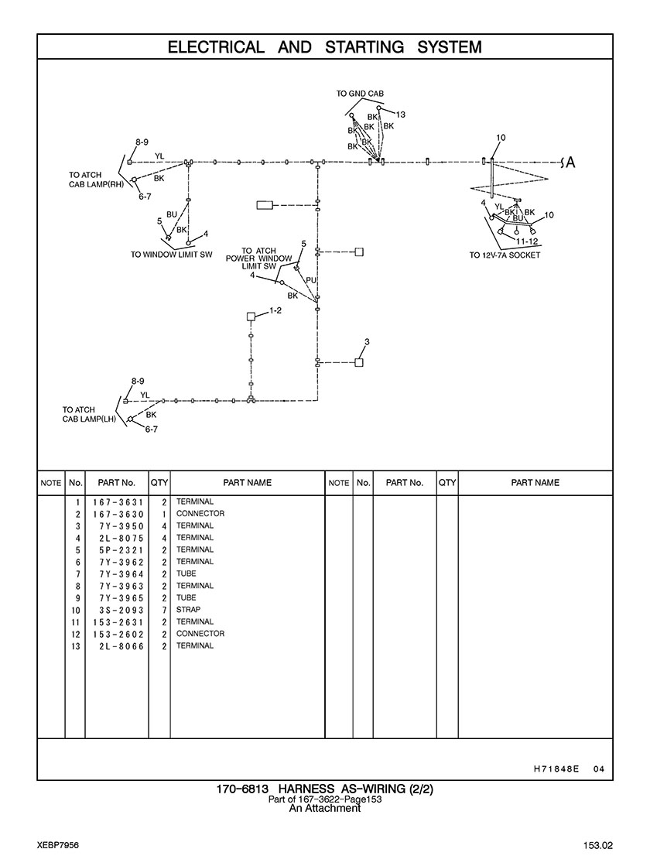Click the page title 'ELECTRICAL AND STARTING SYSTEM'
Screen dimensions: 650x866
(325, 47)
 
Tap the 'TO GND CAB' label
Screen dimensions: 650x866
(360, 94)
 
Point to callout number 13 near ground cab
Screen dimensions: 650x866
(400, 115)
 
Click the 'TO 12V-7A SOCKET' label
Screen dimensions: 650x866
(505, 255)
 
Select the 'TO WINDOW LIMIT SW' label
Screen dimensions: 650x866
(171, 255)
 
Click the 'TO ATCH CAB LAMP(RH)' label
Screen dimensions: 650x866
(96, 180)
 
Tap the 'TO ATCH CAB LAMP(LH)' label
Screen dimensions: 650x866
(89, 414)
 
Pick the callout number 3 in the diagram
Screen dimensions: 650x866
(367, 342)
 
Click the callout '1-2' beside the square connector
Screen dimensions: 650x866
(275, 310)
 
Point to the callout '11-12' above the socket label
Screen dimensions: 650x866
(527, 241)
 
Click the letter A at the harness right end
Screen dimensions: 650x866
(571, 163)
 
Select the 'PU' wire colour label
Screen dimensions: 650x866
(311, 280)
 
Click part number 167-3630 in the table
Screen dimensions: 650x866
(118, 514)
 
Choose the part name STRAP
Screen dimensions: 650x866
(188, 610)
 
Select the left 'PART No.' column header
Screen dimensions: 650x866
(117, 483)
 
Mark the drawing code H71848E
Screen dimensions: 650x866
(556, 768)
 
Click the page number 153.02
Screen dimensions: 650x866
(597, 846)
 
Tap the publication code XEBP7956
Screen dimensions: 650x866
(58, 846)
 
